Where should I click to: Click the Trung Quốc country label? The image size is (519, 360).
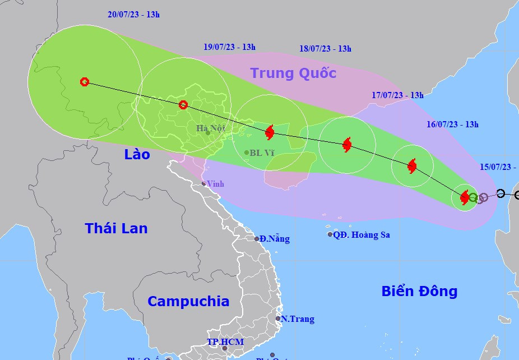pos(293,73)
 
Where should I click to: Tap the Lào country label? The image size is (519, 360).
pos(137,154)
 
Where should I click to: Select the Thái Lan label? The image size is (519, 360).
pos(117,228)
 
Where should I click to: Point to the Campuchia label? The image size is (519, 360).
pos(188,301)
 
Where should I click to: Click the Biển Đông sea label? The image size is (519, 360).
pos(419,291)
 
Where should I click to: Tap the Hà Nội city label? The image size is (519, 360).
pos(211,128)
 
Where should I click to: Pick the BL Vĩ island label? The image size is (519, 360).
pos(262,153)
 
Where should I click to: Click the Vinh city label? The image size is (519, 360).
pos(215,183)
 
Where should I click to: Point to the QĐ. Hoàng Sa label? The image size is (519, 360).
pos(362,235)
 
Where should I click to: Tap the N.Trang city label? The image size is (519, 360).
pos(298,319)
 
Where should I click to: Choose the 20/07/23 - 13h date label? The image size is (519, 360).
pos(133,15)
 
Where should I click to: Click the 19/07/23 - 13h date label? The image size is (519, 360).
pos(229,47)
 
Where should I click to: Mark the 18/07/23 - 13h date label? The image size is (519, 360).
pos(325,49)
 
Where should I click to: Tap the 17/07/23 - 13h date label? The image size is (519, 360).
pos(397,95)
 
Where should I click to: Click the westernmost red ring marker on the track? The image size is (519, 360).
pos(85,82)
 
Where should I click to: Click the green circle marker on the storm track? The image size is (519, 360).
pos(473,197)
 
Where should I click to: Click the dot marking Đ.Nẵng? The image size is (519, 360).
pos(257,239)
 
